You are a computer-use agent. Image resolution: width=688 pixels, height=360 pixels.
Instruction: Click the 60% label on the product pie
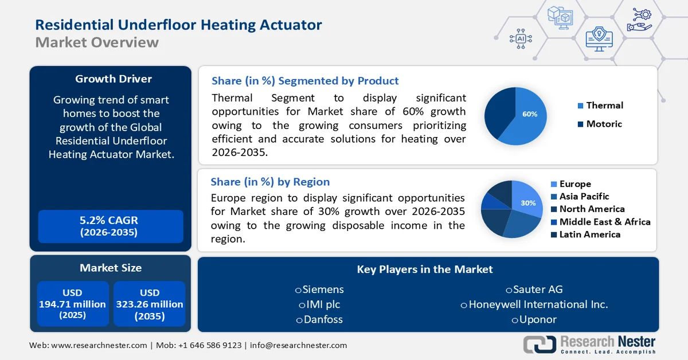point(530,114)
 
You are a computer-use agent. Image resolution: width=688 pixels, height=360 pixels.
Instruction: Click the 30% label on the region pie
point(528,203)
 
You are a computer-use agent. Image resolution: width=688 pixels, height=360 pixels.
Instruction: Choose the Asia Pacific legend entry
point(584,197)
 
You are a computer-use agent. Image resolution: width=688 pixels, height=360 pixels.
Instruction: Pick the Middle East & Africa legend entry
point(604,222)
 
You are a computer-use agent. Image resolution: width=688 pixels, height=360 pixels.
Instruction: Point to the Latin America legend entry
point(589,234)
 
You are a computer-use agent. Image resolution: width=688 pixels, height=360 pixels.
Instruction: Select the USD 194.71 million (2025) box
point(72,304)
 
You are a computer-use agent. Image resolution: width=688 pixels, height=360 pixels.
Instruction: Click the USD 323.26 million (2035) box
point(150,304)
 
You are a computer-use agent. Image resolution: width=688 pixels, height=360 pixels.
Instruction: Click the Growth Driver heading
point(114,79)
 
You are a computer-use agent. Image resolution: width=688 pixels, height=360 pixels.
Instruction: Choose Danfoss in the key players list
point(323,319)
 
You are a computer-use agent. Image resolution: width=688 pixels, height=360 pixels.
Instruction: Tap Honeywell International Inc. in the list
point(538,304)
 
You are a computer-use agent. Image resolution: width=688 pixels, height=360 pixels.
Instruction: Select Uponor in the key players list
point(538,319)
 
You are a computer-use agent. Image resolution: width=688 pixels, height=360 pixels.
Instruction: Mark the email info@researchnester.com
point(298,345)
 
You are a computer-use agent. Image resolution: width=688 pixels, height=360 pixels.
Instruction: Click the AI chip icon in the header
point(521,38)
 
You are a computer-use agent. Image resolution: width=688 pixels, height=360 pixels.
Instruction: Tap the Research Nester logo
point(590,345)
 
